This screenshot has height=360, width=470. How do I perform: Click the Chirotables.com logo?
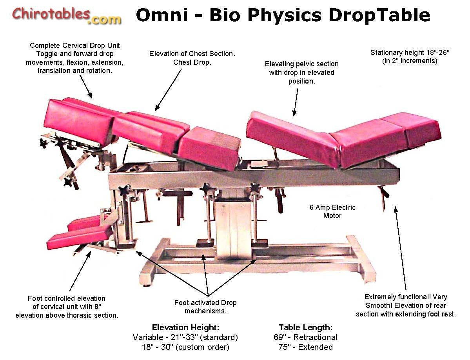tap(67, 16)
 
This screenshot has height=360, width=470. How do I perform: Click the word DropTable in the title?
tap(379, 15)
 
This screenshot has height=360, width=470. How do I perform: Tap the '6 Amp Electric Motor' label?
tap(332, 211)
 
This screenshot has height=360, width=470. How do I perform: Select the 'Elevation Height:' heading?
tap(185, 327)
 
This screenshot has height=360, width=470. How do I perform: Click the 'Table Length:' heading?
tap(305, 327)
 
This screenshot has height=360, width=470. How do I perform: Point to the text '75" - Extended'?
tap(305, 347)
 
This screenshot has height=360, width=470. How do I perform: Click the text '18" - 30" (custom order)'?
tap(185, 347)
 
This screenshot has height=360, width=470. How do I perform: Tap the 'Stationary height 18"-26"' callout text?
tap(410, 53)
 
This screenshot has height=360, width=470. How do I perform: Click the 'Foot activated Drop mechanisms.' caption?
tap(205, 307)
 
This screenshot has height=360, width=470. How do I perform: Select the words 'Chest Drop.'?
tap(192, 62)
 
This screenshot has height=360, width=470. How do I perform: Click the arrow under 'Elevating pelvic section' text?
tap(296, 102)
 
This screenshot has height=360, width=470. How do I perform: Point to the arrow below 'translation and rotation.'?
tap(86, 87)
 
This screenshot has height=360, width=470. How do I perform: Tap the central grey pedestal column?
tap(234, 226)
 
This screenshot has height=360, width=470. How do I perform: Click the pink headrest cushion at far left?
tap(80, 122)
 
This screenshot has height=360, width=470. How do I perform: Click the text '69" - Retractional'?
tap(305, 337)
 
